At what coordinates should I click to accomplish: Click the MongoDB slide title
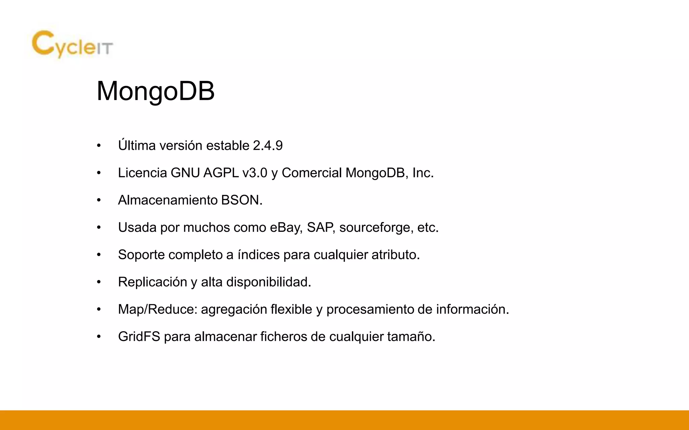click(x=155, y=91)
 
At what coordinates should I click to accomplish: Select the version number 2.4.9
click(x=268, y=146)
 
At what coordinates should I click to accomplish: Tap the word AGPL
click(x=221, y=173)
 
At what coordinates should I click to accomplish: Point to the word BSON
click(x=240, y=200)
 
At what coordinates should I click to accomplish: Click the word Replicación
click(x=152, y=282)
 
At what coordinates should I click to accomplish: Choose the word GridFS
click(x=139, y=337)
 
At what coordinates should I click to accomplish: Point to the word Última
click(x=137, y=146)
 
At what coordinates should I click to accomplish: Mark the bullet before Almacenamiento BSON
click(x=99, y=201)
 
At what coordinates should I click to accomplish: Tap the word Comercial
click(x=312, y=173)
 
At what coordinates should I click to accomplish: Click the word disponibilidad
click(x=268, y=282)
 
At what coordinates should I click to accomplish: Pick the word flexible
click(x=291, y=309)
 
